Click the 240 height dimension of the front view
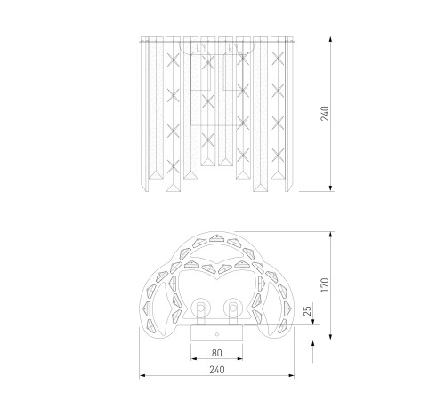[x=325, y=114]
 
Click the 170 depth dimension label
[x=325, y=284]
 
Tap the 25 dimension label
[x=308, y=311]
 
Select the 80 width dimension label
[x=217, y=353]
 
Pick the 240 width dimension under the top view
[x=217, y=370]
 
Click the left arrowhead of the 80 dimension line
[x=194, y=359]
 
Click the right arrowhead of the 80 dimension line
[x=239, y=359]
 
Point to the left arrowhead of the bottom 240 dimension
[x=142, y=376]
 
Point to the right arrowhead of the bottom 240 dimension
[x=291, y=376]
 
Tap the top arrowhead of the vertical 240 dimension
[x=331, y=39]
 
